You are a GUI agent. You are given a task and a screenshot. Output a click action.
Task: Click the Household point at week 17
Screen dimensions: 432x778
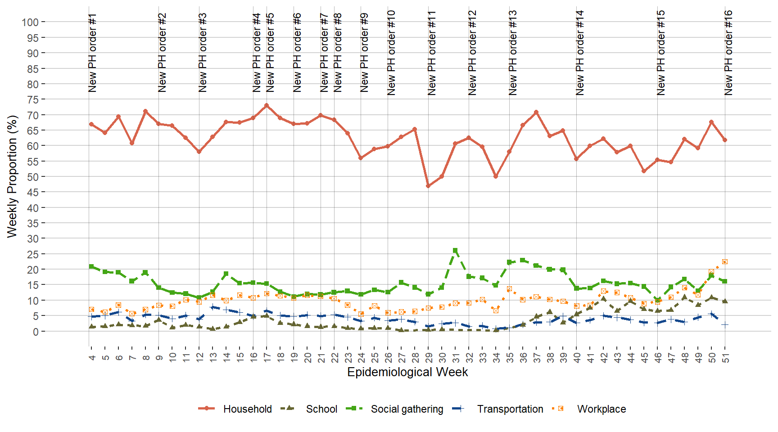[267, 105]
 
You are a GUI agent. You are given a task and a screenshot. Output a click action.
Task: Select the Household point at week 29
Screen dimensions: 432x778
[428, 186]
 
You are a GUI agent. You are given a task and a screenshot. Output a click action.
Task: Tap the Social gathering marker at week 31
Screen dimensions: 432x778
[455, 250]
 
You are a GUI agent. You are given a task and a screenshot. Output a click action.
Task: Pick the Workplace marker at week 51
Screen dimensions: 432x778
[725, 262]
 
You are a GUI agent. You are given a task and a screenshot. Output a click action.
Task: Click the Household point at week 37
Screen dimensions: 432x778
[536, 112]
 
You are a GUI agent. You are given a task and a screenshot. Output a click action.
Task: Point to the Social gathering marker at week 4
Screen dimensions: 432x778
[91, 266]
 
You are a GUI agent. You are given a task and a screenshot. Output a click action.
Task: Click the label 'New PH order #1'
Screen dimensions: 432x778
[93, 53]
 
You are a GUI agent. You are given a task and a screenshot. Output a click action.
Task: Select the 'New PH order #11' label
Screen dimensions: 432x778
[432, 53]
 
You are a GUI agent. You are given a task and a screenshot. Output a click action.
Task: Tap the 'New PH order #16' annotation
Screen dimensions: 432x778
[728, 53]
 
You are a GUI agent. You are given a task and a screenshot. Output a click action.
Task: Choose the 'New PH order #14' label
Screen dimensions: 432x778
[580, 53]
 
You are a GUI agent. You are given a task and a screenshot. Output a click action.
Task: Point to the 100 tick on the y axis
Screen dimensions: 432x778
[30, 22]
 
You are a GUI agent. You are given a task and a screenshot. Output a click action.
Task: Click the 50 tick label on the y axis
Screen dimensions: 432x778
[33, 177]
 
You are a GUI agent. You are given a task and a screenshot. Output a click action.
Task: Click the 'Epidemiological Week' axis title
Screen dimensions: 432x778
[407, 372]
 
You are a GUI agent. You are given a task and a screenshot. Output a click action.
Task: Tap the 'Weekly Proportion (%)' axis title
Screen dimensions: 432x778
[12, 176]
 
